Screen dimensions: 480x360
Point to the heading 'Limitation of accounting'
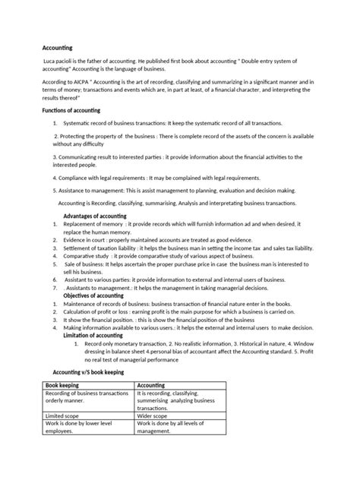(93, 335)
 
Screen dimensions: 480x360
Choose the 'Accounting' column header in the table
(153, 386)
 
